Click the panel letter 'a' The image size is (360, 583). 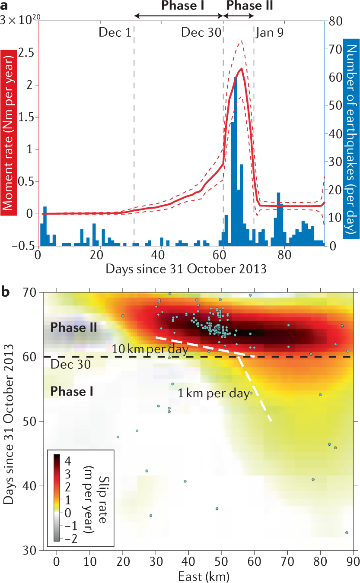tap(6, 6)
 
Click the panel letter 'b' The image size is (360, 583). tap(6, 292)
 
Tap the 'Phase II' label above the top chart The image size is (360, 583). tap(249, 6)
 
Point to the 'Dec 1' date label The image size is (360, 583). tap(115, 32)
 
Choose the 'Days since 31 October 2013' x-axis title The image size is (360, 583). tap(186, 269)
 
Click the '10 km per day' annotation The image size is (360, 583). tap(150, 349)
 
